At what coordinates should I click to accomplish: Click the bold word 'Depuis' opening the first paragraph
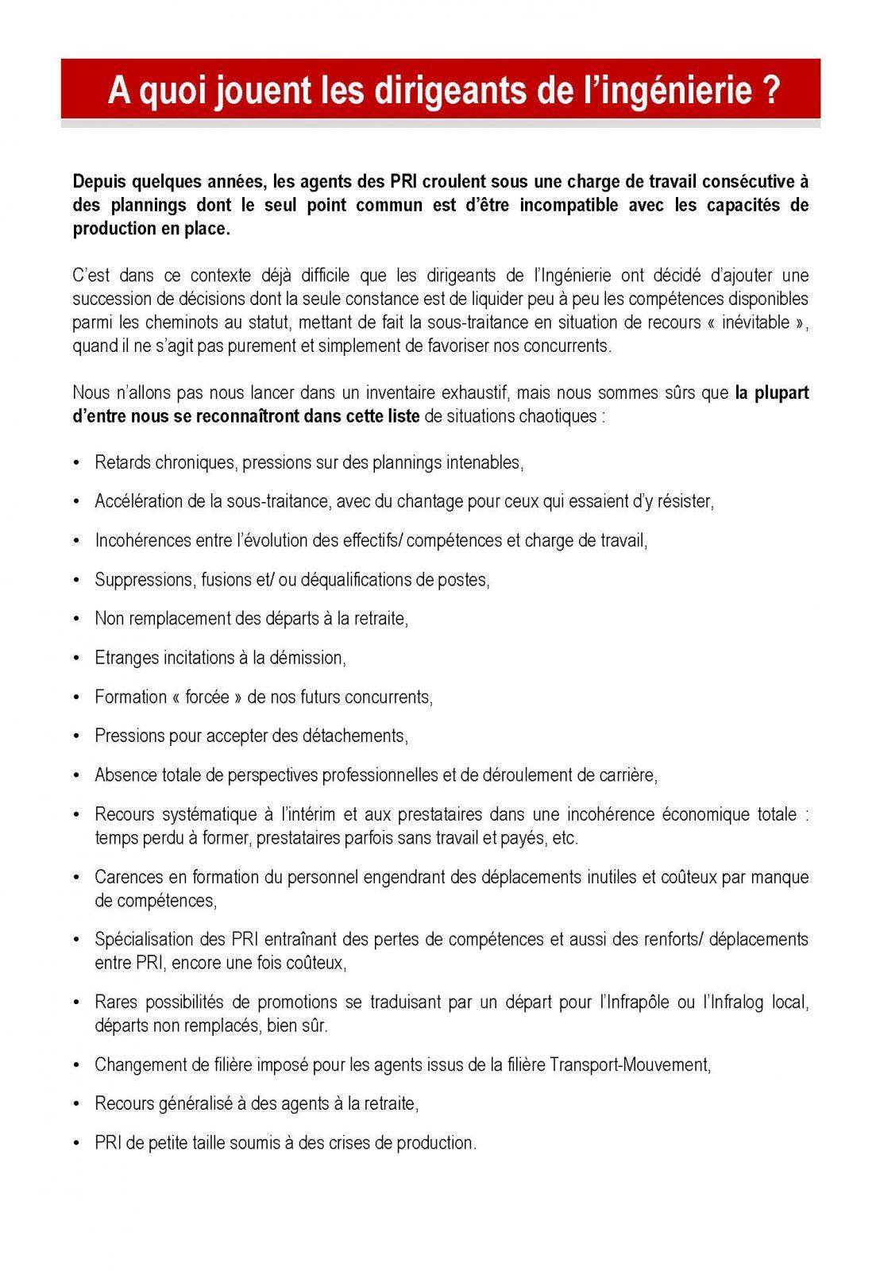pyautogui.click(x=98, y=181)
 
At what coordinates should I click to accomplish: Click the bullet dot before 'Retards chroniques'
pyautogui.click(x=77, y=463)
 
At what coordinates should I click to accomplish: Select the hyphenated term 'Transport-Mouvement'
pyautogui.click(x=630, y=1064)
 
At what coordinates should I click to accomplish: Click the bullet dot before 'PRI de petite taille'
pyautogui.click(x=77, y=1143)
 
